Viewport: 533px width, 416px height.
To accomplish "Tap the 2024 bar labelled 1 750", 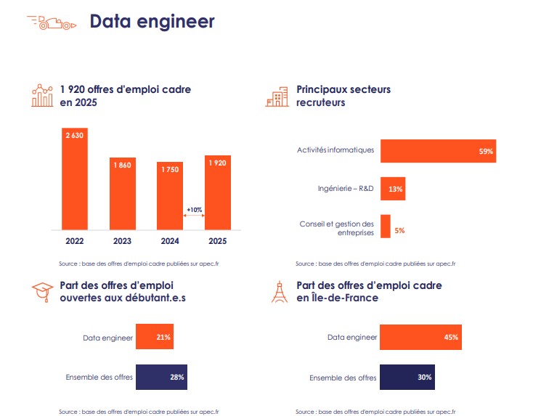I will (x=170, y=194).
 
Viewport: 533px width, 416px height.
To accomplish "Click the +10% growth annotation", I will (x=194, y=210).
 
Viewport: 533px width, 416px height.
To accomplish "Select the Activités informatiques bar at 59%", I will (x=438, y=151).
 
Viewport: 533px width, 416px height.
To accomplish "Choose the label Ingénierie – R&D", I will (x=346, y=189).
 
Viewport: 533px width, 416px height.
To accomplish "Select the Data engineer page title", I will (x=152, y=22).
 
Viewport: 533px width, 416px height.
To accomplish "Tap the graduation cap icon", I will (x=44, y=292).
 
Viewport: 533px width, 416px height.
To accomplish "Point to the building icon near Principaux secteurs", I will (x=277, y=98).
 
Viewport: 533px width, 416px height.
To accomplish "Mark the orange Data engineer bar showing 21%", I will (x=154, y=337).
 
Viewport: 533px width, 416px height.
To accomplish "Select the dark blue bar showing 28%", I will (x=161, y=377).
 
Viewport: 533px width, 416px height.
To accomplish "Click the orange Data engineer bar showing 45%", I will (x=420, y=337).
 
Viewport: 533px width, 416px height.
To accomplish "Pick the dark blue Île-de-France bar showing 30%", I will (x=407, y=377).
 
